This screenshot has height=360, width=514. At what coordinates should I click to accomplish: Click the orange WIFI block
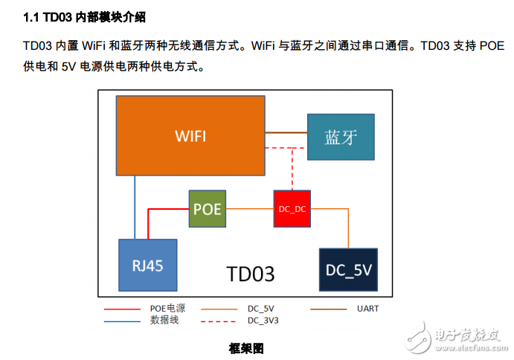click(190, 135)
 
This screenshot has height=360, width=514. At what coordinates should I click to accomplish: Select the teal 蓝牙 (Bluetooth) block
click(341, 138)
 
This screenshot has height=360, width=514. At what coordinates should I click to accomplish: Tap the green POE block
click(208, 209)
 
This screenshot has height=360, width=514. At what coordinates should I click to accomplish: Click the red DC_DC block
click(292, 209)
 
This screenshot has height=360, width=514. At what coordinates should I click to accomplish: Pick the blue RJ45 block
click(148, 266)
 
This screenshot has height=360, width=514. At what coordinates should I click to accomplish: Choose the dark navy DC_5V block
click(348, 270)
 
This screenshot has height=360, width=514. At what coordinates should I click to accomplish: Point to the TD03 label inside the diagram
click(250, 274)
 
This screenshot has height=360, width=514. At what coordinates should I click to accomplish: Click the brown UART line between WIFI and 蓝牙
click(286, 132)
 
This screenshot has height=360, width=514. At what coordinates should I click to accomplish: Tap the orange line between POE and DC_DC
click(250, 209)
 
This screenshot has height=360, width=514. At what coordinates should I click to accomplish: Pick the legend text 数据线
click(164, 320)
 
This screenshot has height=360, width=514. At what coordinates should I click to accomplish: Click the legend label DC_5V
click(260, 308)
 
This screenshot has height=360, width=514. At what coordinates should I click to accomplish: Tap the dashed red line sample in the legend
click(219, 321)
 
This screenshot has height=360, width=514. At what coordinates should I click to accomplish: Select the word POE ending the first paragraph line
click(491, 45)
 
